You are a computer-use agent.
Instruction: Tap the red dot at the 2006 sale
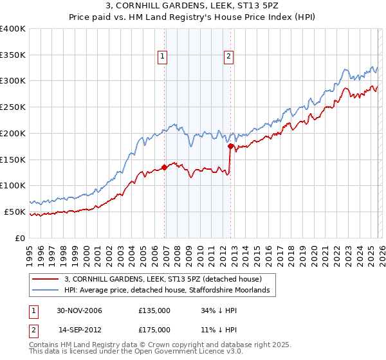tap(165, 167)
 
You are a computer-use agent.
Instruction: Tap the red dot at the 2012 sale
tap(230, 146)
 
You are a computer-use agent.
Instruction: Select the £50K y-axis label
tap(15, 212)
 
